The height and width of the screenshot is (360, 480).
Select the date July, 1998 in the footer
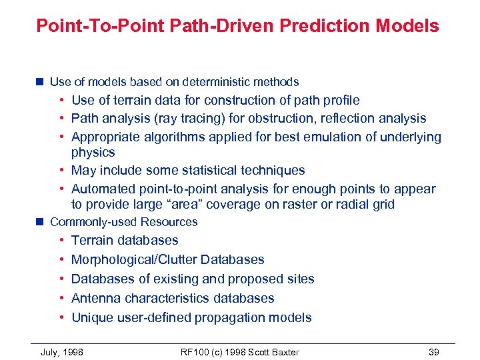click(62, 352)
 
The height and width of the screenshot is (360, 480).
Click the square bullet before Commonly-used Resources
click(40, 222)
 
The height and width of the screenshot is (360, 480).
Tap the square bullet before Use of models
click(40, 82)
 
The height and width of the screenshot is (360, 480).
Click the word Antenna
click(95, 298)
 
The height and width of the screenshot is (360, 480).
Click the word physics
click(93, 152)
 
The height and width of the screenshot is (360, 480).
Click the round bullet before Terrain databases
click(61, 240)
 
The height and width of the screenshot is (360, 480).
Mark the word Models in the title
click(407, 26)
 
